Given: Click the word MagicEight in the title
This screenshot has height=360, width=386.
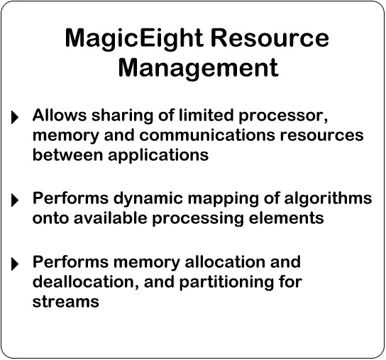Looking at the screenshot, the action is tap(134, 39).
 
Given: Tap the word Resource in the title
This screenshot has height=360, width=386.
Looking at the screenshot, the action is tap(270, 38).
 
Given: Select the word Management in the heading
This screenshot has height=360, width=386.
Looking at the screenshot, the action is tap(198, 68).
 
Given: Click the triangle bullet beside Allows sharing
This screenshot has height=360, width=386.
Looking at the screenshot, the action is tap(15, 117).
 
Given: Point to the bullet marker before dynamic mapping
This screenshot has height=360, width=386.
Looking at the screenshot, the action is tap(15, 200).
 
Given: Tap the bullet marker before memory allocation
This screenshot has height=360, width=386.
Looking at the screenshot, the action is tap(15, 264).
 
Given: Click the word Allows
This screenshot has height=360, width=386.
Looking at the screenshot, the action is tap(60, 115).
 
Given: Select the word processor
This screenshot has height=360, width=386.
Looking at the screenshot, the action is tap(283, 116).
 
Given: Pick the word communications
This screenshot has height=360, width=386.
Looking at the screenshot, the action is tap(207, 135).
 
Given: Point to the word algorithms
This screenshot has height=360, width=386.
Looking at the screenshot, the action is tap(328, 199).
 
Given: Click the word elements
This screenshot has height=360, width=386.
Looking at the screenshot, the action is tap(286, 218).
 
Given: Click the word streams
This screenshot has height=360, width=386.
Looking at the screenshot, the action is tap(66, 301).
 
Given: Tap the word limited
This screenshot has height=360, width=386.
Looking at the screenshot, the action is tap(206, 115).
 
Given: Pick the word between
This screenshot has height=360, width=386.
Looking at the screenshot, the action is tap(67, 155).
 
